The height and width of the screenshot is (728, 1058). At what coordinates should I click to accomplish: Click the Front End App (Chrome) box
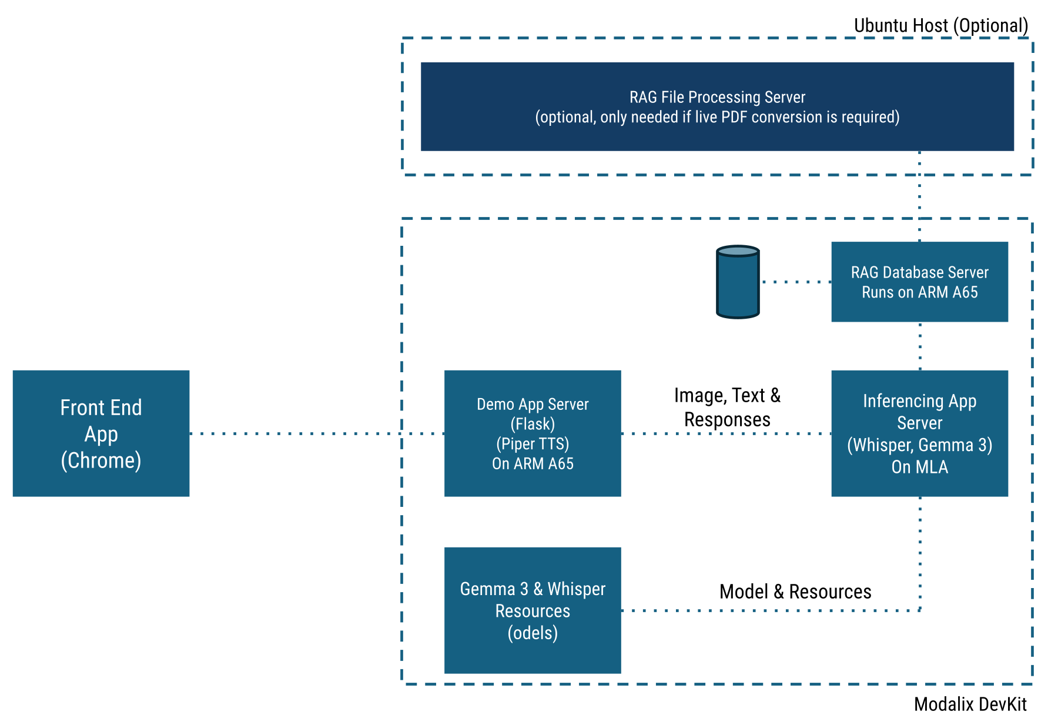click(x=101, y=433)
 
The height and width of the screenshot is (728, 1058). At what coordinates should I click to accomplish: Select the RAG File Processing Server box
click(x=717, y=106)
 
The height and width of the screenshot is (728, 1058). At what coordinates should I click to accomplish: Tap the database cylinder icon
click(x=738, y=282)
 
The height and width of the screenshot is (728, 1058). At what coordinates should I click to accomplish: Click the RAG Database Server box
click(x=919, y=282)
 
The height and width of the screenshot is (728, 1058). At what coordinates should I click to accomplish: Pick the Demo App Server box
click(x=533, y=433)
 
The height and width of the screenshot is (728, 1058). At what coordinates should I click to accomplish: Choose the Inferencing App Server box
click(x=919, y=433)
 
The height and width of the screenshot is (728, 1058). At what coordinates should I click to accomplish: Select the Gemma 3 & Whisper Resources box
click(x=533, y=610)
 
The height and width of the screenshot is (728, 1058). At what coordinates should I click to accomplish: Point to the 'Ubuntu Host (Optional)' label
click(x=940, y=26)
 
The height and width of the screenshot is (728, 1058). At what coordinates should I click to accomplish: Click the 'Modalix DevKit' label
click(x=970, y=704)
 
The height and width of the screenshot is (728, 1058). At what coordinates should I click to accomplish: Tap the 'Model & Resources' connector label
click(x=795, y=592)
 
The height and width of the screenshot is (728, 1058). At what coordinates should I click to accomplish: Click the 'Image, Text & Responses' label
click(x=727, y=408)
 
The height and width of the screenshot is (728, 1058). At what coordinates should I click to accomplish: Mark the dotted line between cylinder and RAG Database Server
click(x=795, y=282)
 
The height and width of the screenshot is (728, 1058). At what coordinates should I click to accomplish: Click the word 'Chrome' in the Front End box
click(x=101, y=460)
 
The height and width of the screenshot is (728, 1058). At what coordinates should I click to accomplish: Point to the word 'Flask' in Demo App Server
click(x=533, y=424)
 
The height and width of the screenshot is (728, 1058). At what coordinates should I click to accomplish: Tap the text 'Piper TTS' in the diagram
click(x=533, y=444)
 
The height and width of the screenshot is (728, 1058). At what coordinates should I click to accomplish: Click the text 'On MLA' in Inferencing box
click(x=919, y=467)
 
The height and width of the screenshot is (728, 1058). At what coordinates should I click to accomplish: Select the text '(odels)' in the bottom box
click(x=533, y=633)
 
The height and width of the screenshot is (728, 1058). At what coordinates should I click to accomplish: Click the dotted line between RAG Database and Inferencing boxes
click(x=920, y=346)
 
